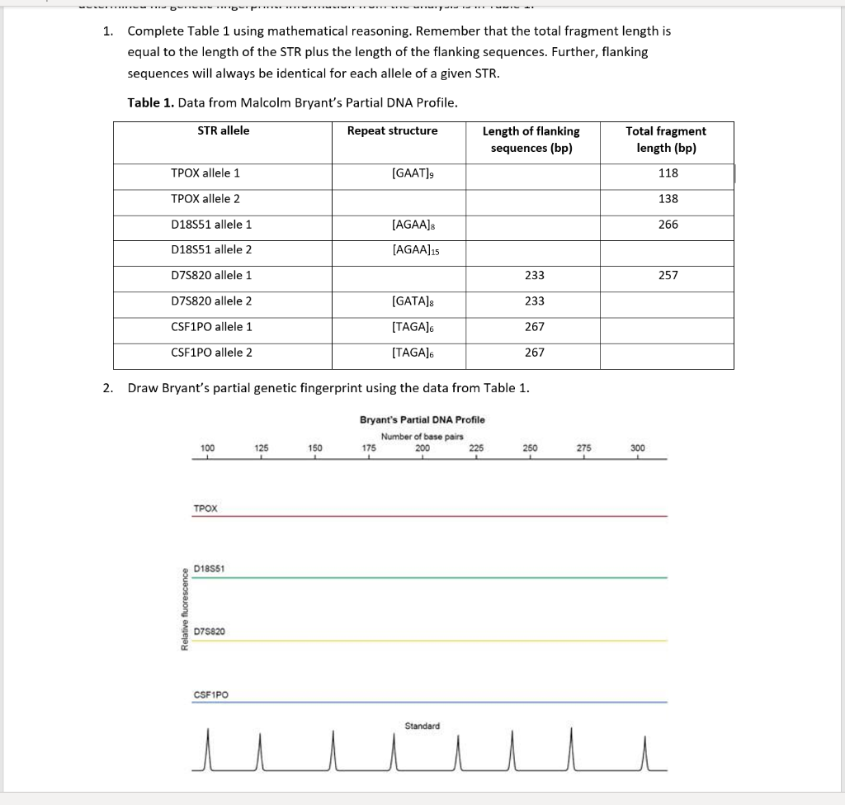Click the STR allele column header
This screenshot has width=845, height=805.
click(223, 130)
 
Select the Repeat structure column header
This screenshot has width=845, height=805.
click(392, 130)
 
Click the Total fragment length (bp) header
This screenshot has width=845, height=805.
click(666, 140)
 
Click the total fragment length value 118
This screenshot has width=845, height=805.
click(668, 173)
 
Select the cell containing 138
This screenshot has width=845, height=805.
click(668, 199)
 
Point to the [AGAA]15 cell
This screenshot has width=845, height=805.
click(415, 250)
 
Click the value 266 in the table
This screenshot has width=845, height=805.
click(668, 225)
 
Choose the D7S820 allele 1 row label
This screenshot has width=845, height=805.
click(211, 275)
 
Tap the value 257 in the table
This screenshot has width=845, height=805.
click(668, 275)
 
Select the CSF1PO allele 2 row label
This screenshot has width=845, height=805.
click(211, 353)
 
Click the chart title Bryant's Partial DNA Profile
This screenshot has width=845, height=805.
click(422, 419)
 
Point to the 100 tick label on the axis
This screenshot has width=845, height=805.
click(207, 447)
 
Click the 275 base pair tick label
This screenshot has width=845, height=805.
click(583, 447)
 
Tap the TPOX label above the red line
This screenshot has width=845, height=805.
click(205, 509)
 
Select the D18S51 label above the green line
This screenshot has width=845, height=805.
click(209, 569)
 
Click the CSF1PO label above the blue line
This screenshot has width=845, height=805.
click(210, 694)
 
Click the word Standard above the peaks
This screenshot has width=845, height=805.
click(422, 726)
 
